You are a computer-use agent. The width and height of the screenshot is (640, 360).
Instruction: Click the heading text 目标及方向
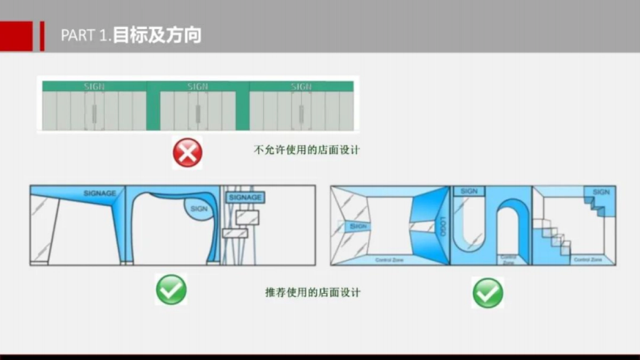click(x=157, y=36)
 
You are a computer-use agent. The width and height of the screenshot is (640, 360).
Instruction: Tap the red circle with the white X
click(x=187, y=153)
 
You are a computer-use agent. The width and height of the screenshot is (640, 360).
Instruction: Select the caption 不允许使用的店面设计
click(x=306, y=150)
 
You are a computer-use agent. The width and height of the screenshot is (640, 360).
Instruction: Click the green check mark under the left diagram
click(x=171, y=290)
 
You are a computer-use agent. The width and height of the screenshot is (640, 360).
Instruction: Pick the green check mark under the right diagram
click(x=487, y=293)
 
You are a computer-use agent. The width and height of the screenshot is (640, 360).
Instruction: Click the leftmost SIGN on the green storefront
click(x=94, y=86)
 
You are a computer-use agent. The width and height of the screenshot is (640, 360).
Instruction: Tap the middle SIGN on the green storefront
click(x=197, y=86)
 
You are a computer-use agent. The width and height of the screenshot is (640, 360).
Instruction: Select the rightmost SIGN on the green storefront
click(x=301, y=86)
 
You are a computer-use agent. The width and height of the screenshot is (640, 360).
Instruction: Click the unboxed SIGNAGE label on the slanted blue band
click(x=100, y=193)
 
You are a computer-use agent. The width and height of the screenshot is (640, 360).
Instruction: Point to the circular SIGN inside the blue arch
click(x=198, y=209)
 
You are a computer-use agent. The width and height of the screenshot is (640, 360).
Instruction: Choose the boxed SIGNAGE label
click(x=245, y=197)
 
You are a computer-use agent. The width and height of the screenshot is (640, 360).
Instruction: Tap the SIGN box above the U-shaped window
click(x=469, y=191)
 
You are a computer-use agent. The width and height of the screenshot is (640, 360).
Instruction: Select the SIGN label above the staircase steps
click(x=601, y=192)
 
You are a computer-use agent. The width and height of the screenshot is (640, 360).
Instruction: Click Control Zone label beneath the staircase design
click(x=588, y=259)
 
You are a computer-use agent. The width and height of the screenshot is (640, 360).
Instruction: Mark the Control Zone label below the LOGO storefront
click(x=389, y=260)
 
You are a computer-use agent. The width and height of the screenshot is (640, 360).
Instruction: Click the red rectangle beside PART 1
click(x=16, y=36)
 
